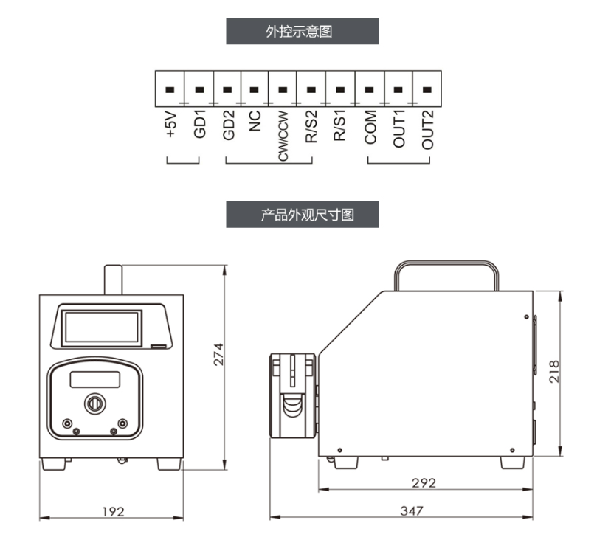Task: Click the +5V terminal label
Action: (x=171, y=125)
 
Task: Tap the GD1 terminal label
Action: (x=199, y=124)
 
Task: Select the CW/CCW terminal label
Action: (x=283, y=136)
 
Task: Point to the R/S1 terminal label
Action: (x=339, y=125)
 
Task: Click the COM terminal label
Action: (x=370, y=128)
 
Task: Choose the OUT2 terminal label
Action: (x=427, y=130)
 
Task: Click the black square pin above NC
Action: (x=254, y=90)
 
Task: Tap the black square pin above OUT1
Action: (x=398, y=90)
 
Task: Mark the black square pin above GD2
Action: (x=227, y=90)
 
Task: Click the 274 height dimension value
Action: (x=218, y=354)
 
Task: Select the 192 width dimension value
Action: (x=114, y=511)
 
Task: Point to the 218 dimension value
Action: (x=553, y=372)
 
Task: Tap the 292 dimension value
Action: (x=424, y=483)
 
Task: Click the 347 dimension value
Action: (x=412, y=510)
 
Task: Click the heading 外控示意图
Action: (x=300, y=31)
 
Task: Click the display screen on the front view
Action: (x=101, y=328)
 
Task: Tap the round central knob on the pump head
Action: (x=94, y=404)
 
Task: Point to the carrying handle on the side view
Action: (x=446, y=275)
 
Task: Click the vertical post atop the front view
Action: (x=113, y=280)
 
